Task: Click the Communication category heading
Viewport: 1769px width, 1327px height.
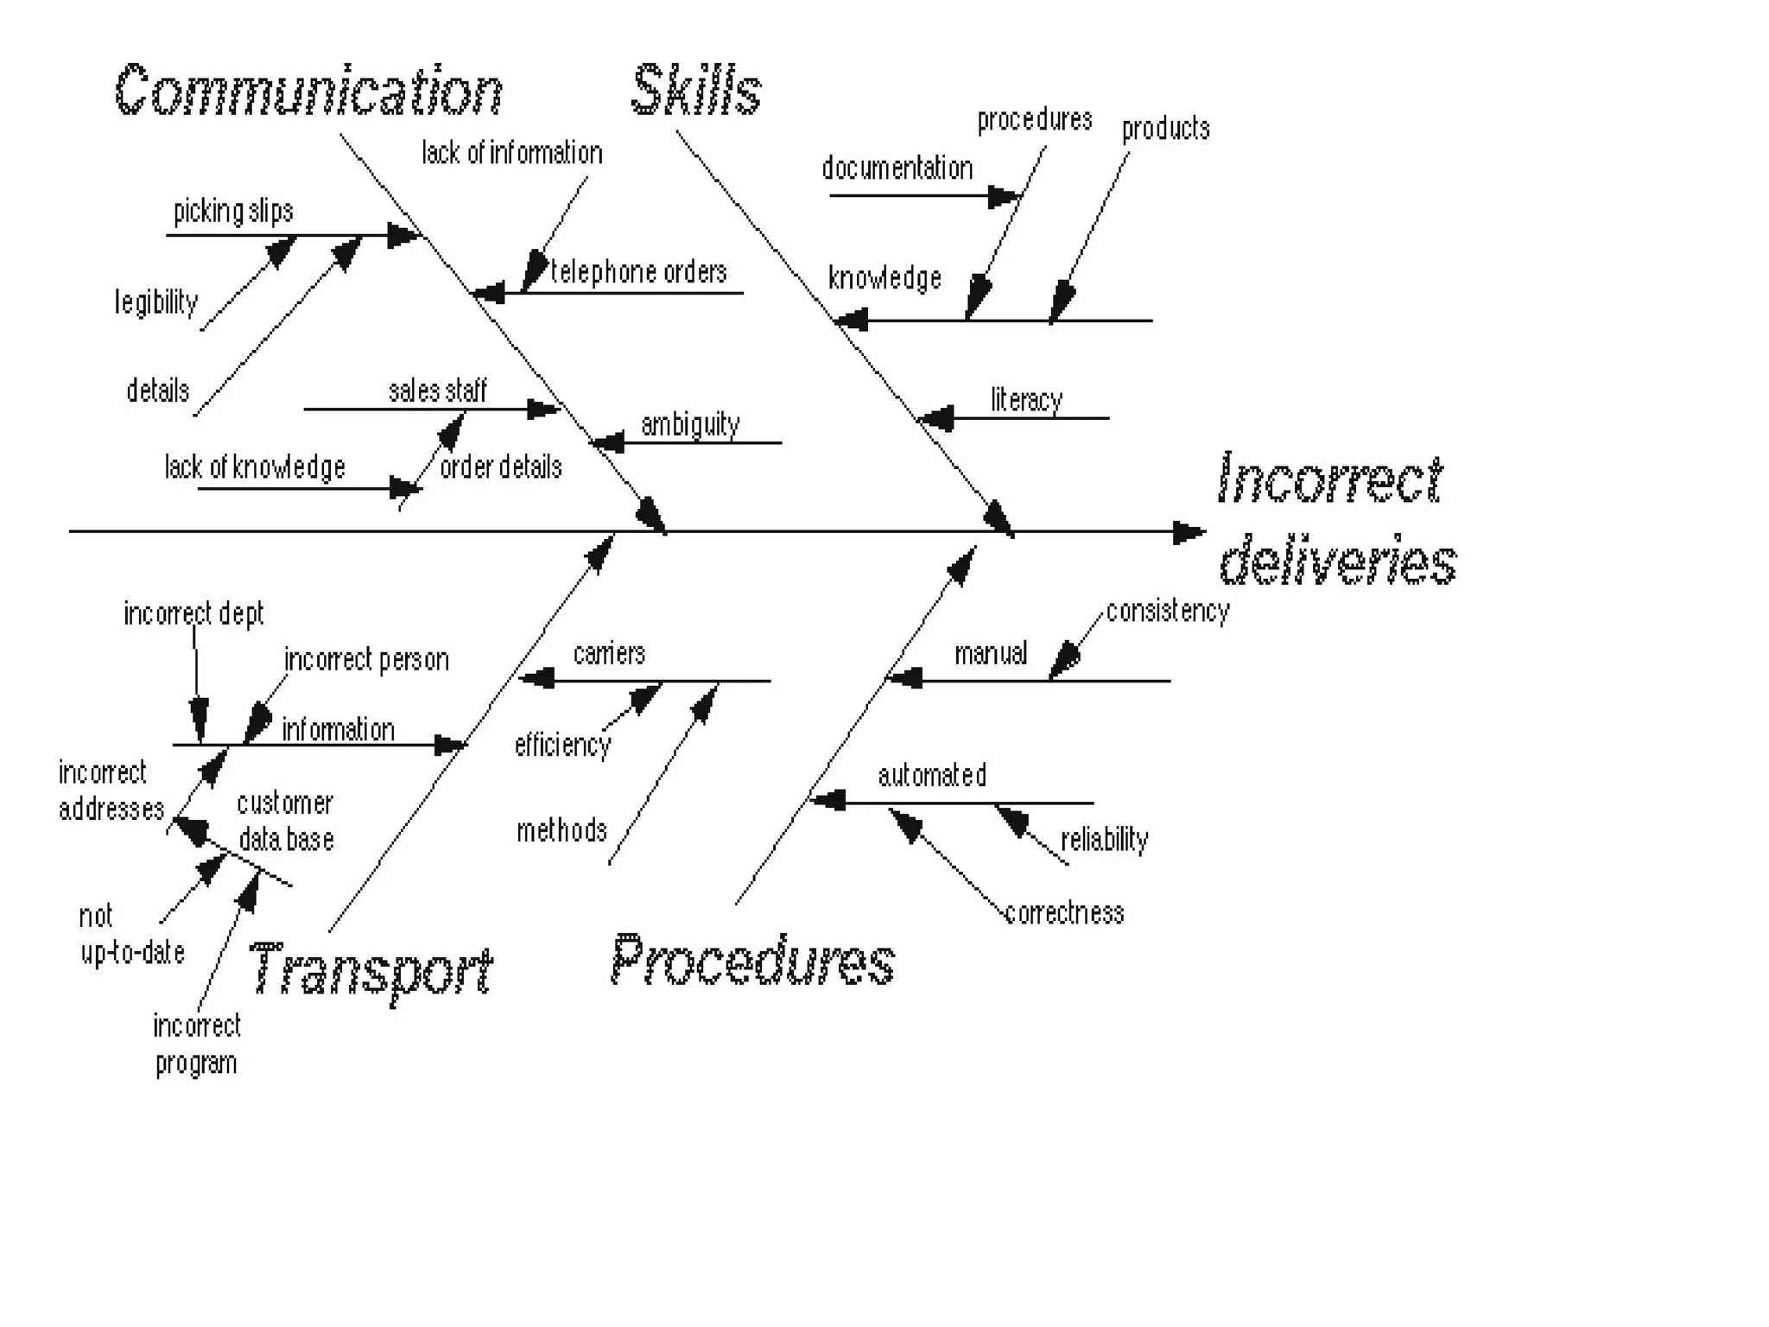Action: pos(308,91)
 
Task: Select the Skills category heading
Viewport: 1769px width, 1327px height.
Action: pos(696,90)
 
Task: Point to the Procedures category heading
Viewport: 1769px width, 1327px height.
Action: pos(752,961)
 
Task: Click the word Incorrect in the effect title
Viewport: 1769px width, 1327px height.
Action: pos(1329,479)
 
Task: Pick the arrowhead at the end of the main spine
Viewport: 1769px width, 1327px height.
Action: pos(1189,532)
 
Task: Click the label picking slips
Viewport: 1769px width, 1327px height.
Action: pos(233,212)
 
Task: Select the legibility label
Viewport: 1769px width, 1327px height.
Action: pos(156,302)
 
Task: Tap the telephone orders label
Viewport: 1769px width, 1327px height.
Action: pos(638,272)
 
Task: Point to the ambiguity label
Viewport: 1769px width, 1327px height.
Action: pos(690,424)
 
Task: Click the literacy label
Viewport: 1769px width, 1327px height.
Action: pos(1026,400)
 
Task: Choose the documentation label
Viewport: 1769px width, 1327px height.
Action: pos(897,168)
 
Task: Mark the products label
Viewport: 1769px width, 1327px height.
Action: pos(1165,129)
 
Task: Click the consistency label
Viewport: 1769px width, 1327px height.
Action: pos(1167,612)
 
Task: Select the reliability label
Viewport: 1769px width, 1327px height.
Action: pos(1104,839)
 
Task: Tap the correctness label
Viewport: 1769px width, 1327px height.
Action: pos(1064,913)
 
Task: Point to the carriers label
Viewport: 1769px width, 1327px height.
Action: pos(609,653)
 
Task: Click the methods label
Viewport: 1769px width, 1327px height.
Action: pos(561,830)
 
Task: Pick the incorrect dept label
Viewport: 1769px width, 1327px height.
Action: pos(193,613)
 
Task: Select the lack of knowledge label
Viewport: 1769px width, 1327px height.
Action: pos(255,467)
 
